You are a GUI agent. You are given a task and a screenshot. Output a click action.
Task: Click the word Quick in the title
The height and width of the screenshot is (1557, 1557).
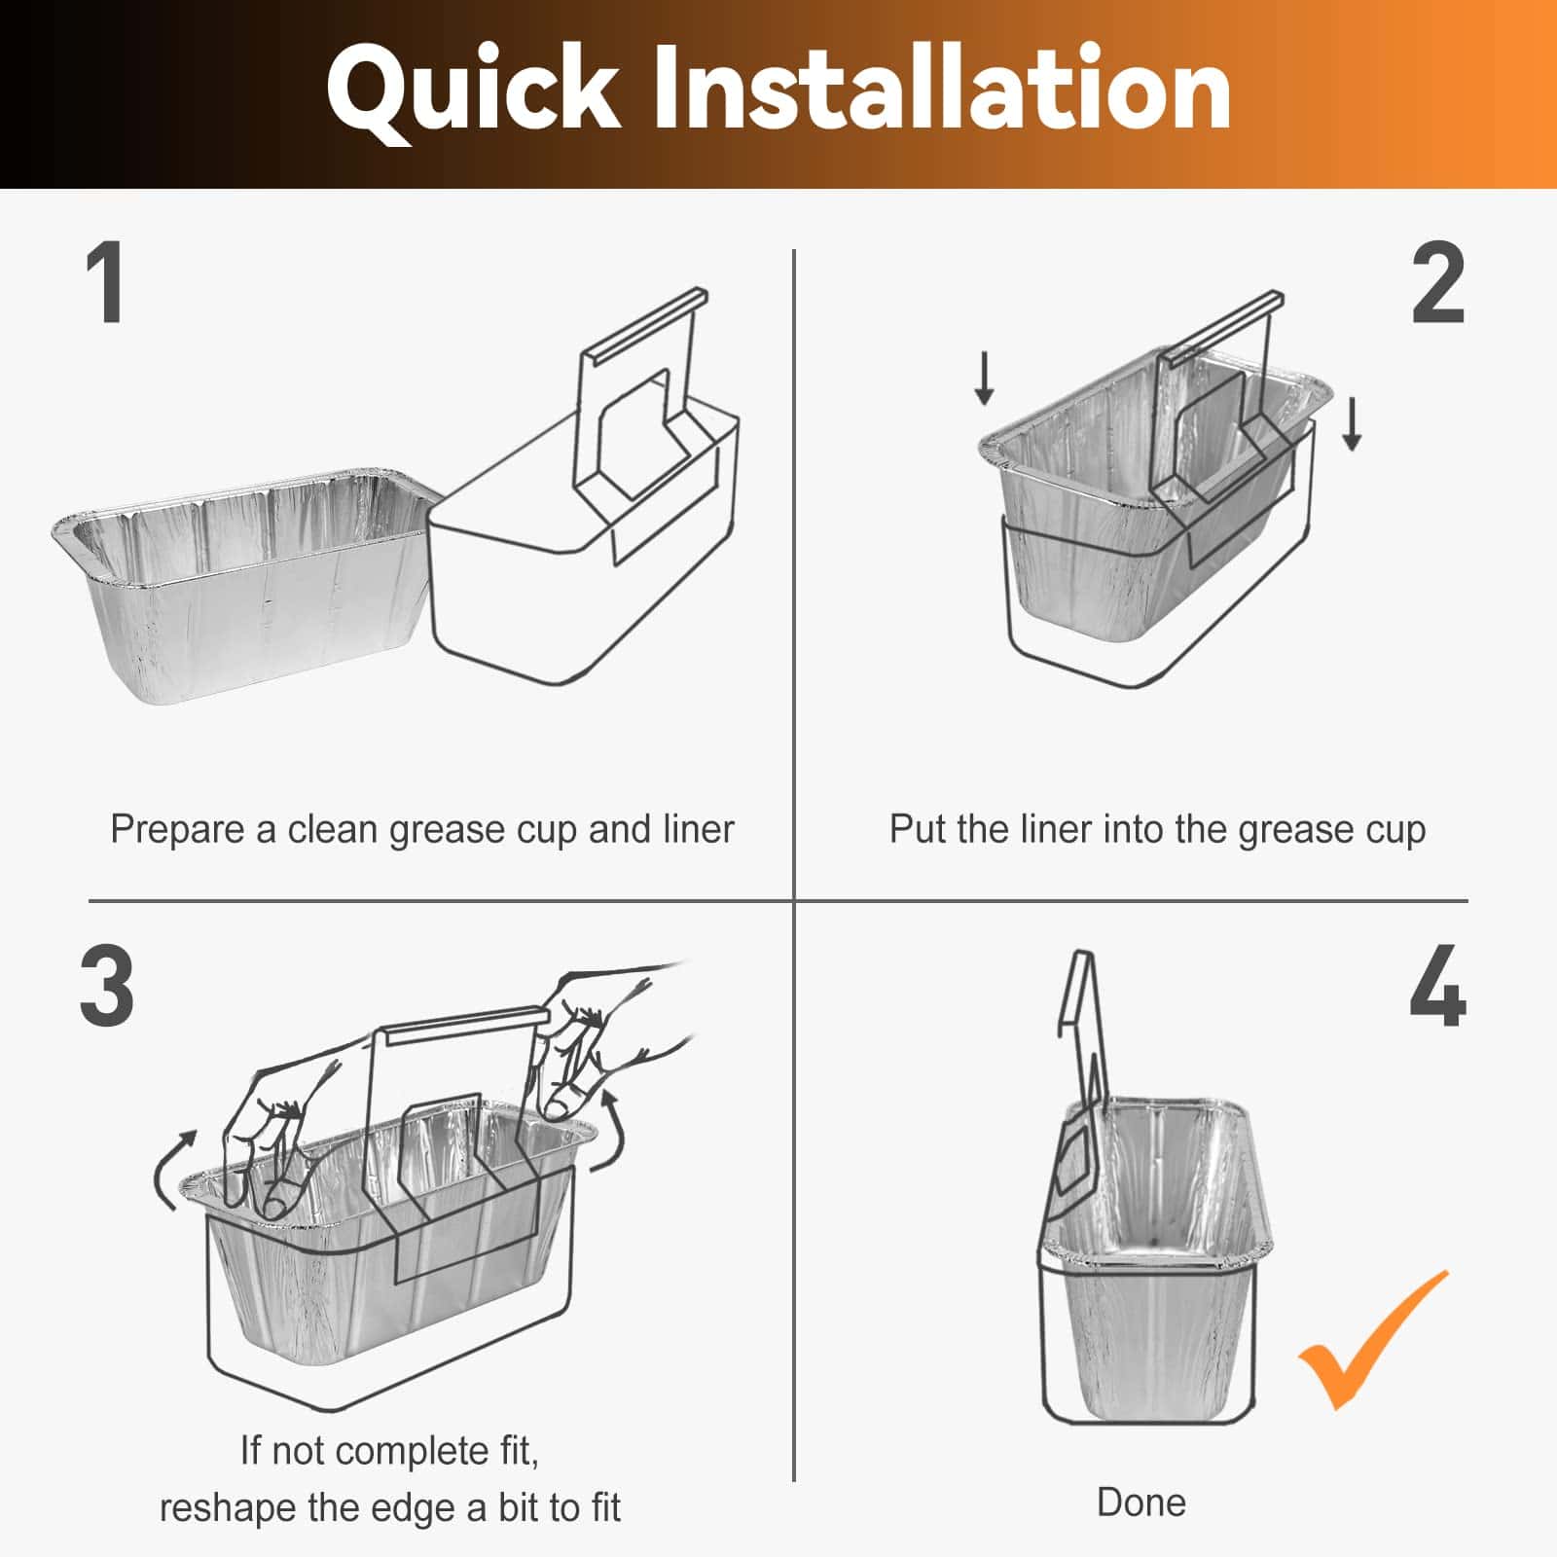(x=474, y=90)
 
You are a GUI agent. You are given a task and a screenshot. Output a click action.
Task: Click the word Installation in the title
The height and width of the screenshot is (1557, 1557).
(x=940, y=90)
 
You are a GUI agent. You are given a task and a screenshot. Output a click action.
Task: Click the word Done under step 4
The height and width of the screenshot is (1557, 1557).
(x=1141, y=1503)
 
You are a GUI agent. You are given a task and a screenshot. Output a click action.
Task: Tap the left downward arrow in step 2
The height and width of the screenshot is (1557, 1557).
(x=984, y=379)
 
